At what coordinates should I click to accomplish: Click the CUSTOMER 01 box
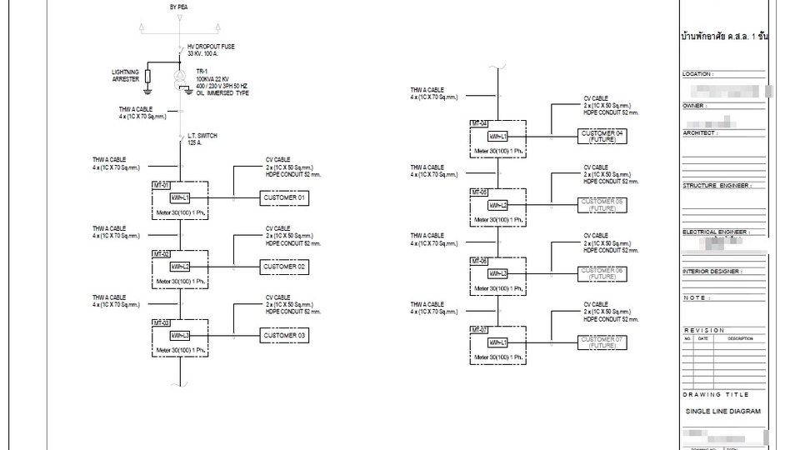click(x=285, y=198)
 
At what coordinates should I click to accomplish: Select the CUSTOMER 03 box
click(x=285, y=336)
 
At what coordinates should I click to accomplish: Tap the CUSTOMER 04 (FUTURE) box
click(x=602, y=136)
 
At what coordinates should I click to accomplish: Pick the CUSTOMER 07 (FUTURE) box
click(x=602, y=342)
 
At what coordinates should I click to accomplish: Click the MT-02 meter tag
click(x=161, y=253)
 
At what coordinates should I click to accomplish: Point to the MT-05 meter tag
click(x=478, y=192)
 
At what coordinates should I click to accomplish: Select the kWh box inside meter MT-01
click(x=181, y=198)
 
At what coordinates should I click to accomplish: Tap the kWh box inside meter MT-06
click(x=498, y=273)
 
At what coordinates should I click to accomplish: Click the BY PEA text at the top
click(x=178, y=7)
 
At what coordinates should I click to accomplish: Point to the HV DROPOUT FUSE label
click(x=208, y=47)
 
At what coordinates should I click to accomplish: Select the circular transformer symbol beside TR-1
click(x=180, y=81)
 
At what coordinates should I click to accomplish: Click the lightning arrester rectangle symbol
click(x=147, y=77)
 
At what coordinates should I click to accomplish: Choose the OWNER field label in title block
click(x=695, y=106)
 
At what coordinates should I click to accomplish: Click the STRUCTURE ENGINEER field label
click(x=717, y=186)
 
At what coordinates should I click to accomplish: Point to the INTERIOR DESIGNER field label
click(x=712, y=271)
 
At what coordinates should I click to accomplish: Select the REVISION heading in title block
click(x=704, y=330)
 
